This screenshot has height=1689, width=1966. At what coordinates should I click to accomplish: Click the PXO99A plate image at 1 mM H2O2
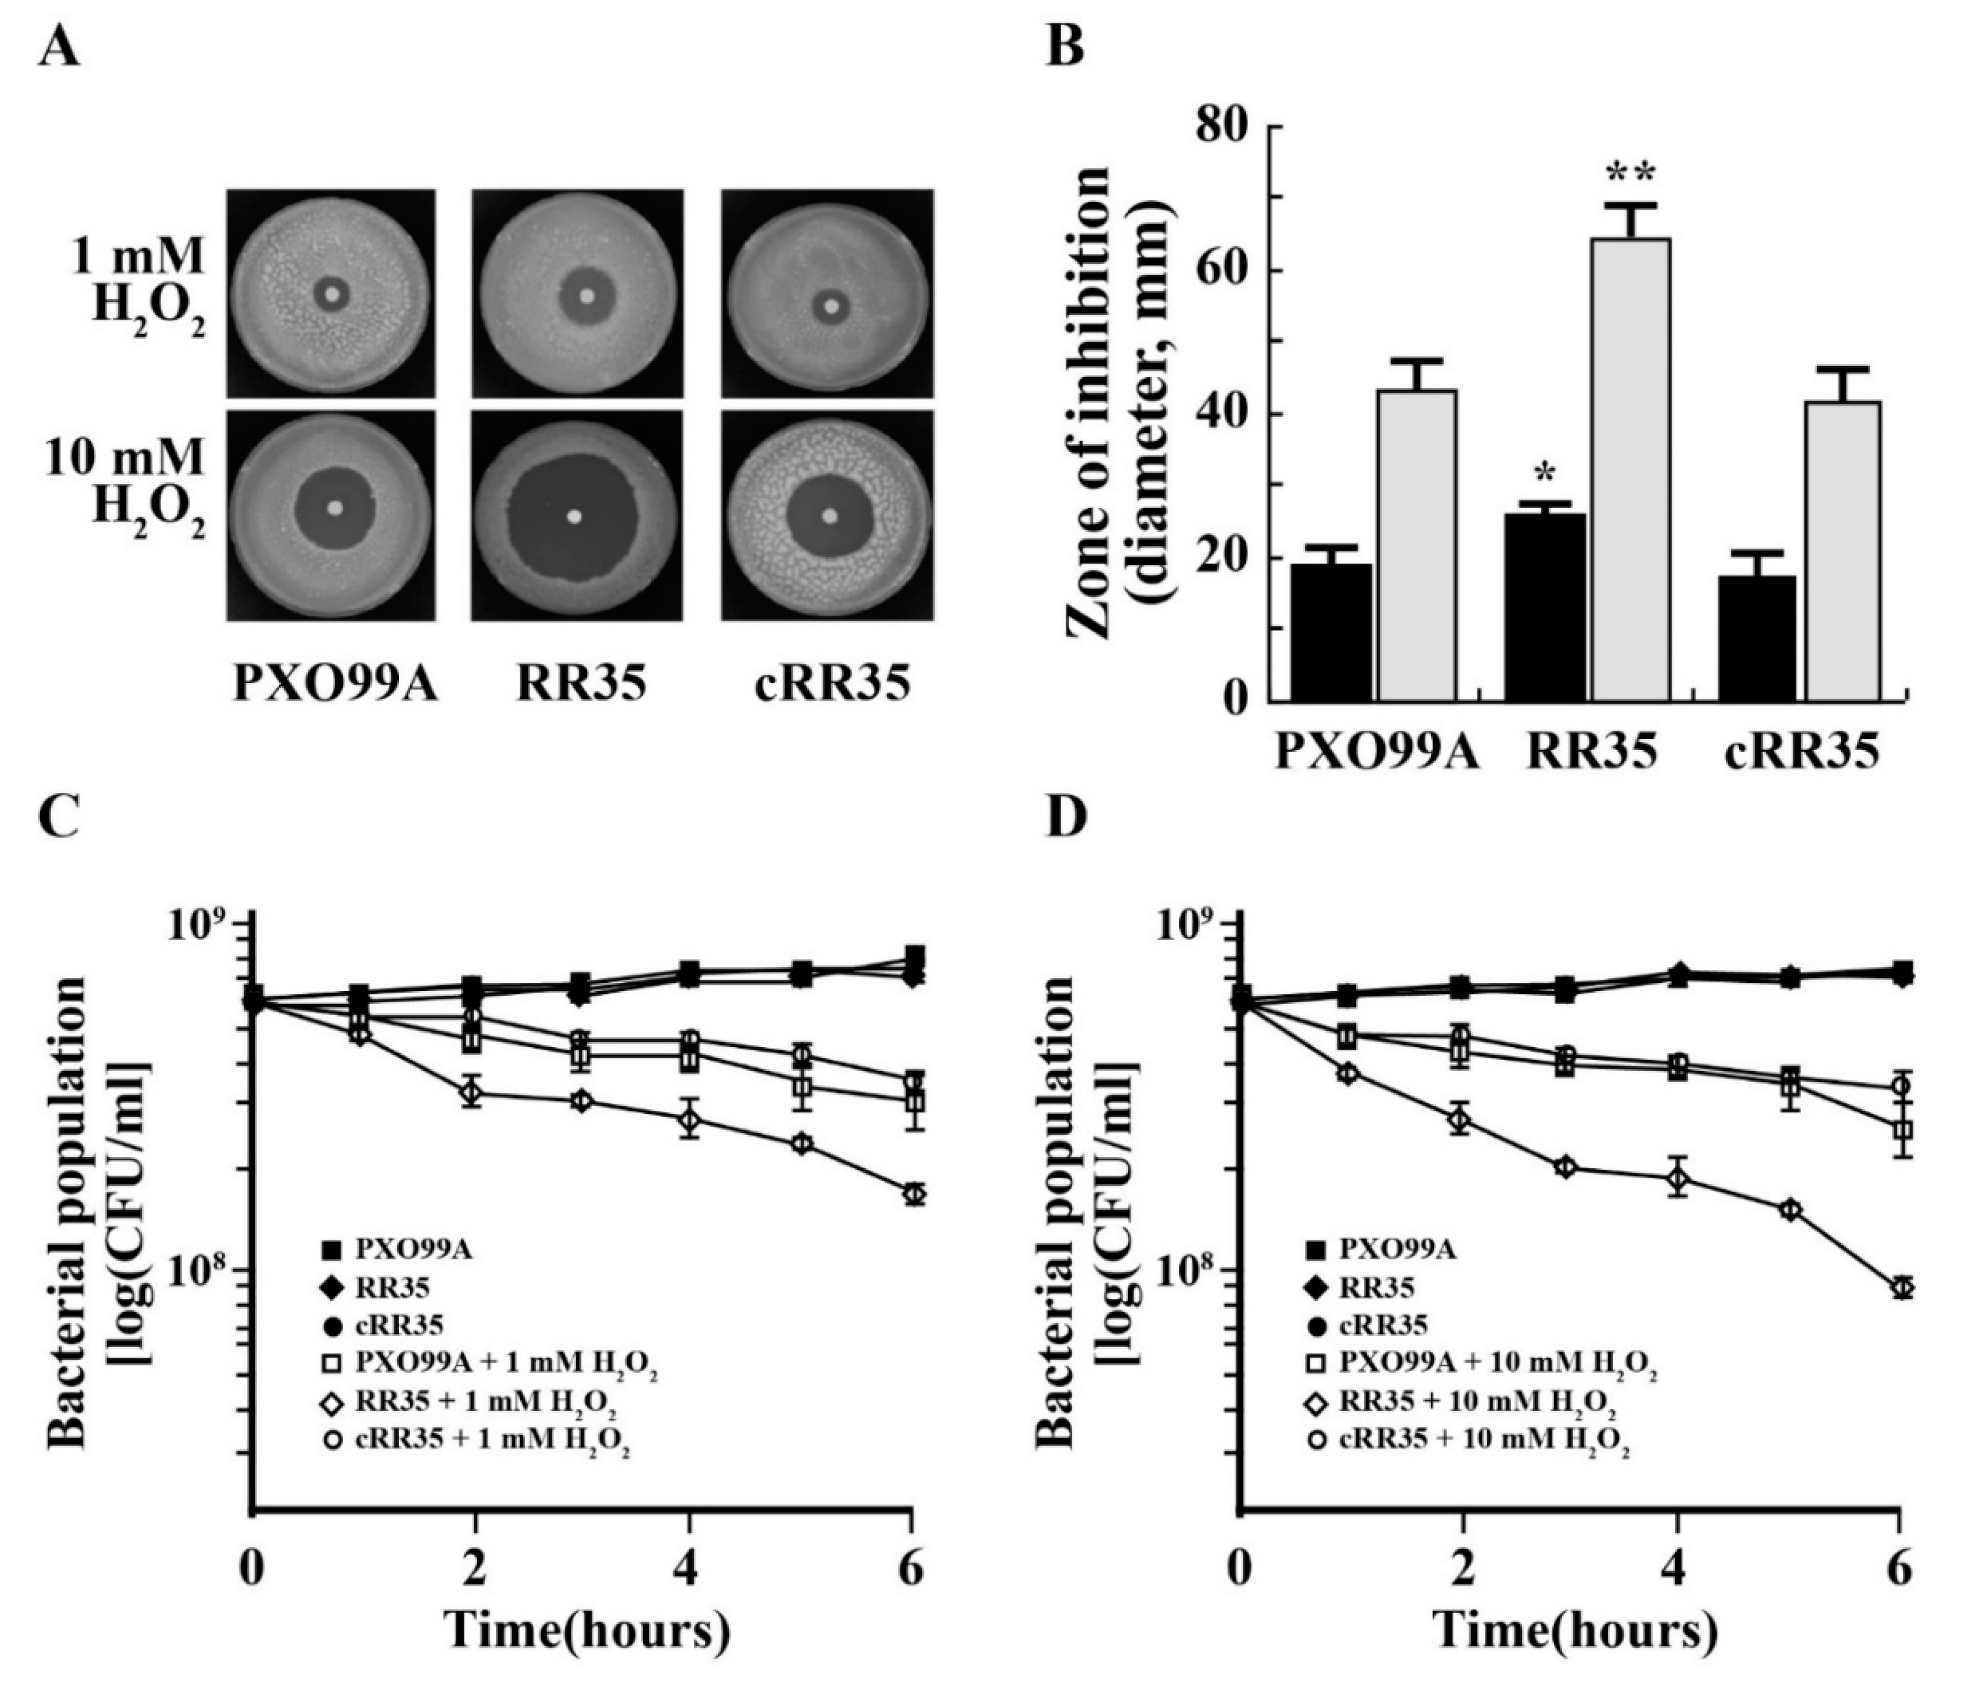pos(331,293)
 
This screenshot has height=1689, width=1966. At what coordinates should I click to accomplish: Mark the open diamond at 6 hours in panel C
pos(914,1193)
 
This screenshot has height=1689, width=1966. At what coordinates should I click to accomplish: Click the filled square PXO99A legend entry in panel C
pos(398,1250)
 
